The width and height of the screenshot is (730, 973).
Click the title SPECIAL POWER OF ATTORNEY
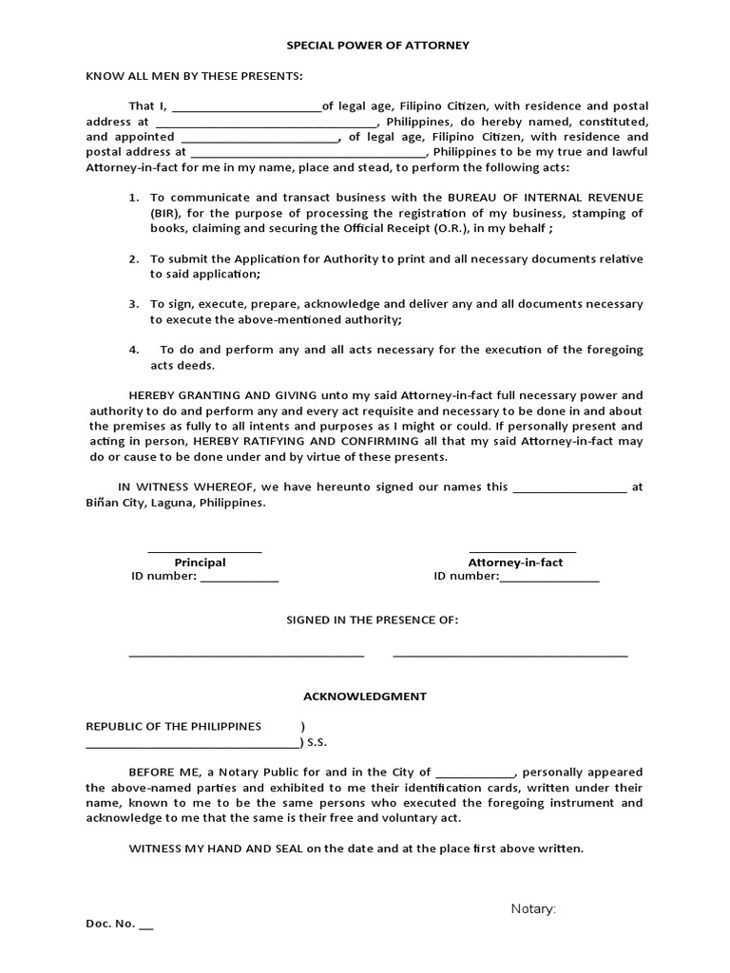tap(365, 45)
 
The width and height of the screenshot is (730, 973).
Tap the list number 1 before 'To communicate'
tap(133, 198)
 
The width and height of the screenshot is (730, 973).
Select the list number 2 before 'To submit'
tap(133, 258)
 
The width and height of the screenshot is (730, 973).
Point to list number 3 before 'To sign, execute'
tap(133, 304)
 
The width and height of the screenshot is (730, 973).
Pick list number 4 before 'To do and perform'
tap(133, 350)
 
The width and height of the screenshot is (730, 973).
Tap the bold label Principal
tap(200, 563)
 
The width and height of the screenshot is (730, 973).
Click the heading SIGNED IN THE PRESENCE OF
tap(373, 620)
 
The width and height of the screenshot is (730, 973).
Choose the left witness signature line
tap(246, 656)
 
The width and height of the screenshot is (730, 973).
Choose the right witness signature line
tap(510, 656)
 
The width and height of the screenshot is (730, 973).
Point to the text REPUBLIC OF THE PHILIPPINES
tap(173, 726)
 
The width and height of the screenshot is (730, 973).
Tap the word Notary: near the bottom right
tap(533, 909)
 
